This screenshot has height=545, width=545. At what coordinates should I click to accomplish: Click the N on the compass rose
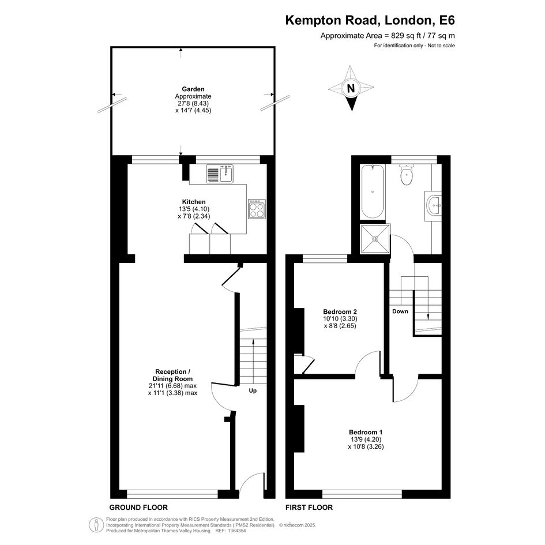[x=351, y=89]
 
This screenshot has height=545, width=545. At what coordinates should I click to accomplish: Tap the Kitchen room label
[x=194, y=202]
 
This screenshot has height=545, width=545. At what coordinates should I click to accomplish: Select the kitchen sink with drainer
[x=220, y=174]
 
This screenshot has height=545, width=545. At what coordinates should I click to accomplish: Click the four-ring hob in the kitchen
[x=257, y=209]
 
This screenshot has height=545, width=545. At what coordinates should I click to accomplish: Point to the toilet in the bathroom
[x=407, y=175]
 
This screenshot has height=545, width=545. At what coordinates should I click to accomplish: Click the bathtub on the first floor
[x=373, y=191]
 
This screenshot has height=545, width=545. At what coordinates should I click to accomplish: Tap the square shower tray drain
[x=375, y=239]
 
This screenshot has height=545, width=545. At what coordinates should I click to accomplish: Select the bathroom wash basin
[x=433, y=206]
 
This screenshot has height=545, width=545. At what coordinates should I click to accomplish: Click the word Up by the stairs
[x=253, y=390]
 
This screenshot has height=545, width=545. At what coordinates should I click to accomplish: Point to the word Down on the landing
[x=400, y=311]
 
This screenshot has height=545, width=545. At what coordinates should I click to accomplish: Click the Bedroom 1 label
[x=366, y=432]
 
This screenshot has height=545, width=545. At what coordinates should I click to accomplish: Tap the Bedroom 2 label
[x=340, y=311]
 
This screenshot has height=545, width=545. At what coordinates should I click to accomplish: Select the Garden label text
[x=193, y=89]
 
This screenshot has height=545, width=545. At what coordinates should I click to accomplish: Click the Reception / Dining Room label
[x=173, y=375]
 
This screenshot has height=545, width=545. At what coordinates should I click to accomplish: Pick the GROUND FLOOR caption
[x=138, y=508]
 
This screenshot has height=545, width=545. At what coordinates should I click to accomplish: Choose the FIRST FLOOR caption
[x=309, y=508]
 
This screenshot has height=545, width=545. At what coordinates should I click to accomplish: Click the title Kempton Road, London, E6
[x=370, y=20]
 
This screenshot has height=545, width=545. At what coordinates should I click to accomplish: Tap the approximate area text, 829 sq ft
[x=388, y=35]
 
